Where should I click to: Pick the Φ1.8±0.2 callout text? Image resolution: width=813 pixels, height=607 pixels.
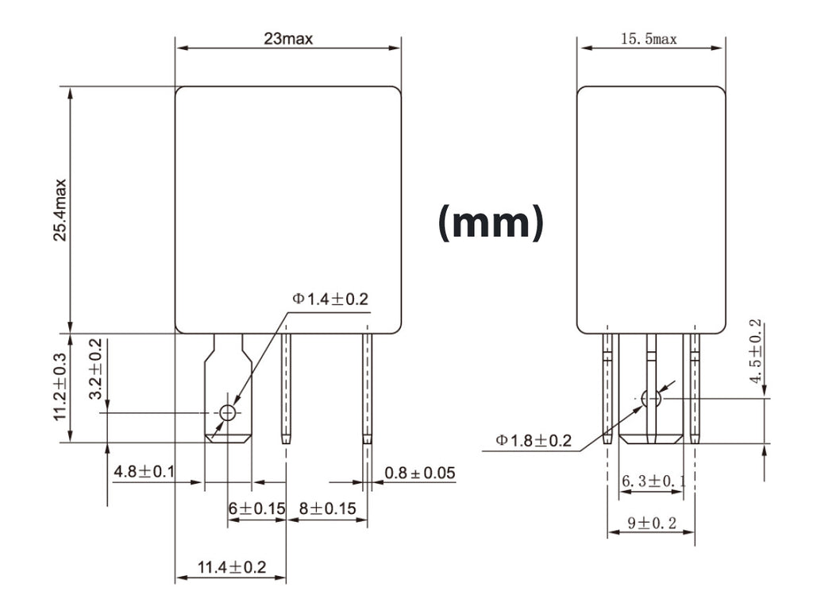534,440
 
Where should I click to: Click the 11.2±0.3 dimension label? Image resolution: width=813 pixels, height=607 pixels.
60,388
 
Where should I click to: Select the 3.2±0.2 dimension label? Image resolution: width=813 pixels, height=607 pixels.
95,370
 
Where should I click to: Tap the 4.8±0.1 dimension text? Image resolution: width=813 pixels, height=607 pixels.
144,472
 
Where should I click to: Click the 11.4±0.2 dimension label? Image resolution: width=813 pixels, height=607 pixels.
231,567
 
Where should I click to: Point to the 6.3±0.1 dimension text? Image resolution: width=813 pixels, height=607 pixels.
650,481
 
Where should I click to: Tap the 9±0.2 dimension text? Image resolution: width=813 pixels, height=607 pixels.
651,523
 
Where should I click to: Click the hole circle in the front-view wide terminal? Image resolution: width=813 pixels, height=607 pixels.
228,412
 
